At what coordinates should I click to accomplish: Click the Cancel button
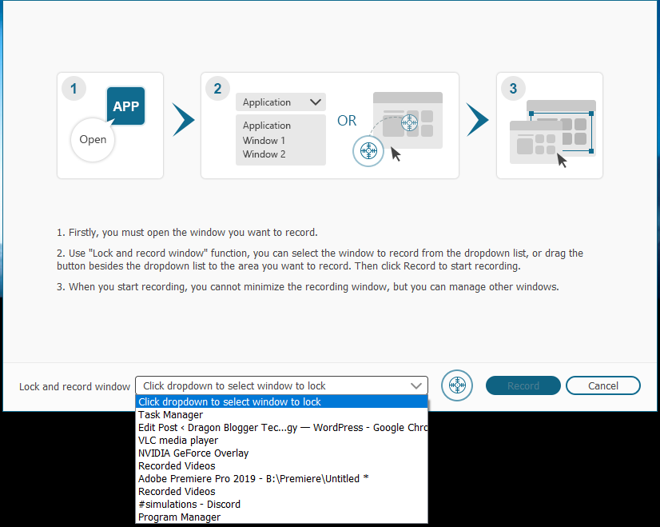(x=602, y=385)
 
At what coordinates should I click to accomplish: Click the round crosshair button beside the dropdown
(x=457, y=385)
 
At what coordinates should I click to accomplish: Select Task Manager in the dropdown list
(x=170, y=415)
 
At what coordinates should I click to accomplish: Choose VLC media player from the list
(x=178, y=441)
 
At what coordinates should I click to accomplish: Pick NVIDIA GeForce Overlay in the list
(x=193, y=453)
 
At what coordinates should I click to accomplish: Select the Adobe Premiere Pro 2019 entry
(x=253, y=479)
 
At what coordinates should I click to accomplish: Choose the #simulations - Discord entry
(x=189, y=505)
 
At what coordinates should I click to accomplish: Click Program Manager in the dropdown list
(x=179, y=517)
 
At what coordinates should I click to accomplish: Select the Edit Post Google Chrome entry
(x=283, y=428)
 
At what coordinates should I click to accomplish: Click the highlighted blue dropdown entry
(x=281, y=402)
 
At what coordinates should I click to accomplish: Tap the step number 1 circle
(x=74, y=89)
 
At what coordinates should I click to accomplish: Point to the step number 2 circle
(x=217, y=89)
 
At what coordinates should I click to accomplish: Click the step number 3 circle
(x=513, y=89)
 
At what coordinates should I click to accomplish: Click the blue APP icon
(x=126, y=106)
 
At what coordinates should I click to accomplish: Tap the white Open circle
(x=93, y=139)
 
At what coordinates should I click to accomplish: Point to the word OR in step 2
(x=347, y=121)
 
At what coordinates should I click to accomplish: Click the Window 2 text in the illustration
(x=264, y=154)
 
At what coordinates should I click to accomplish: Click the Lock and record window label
(x=74, y=387)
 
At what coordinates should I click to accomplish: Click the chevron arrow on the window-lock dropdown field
(x=416, y=386)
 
